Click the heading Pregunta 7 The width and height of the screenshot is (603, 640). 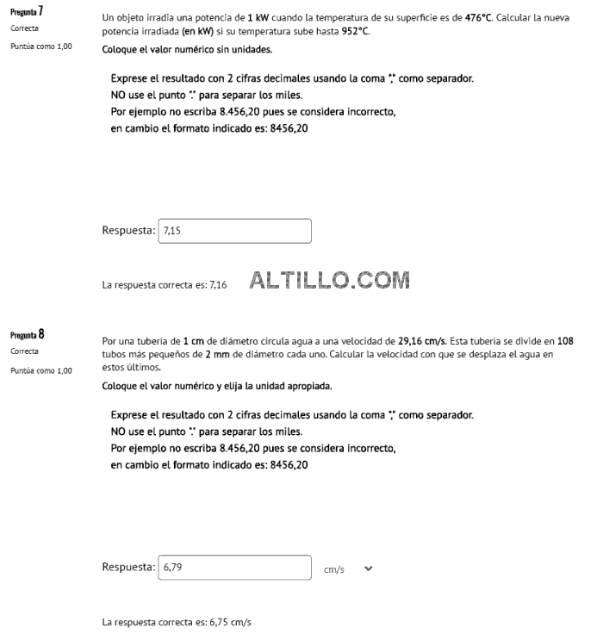tap(27, 13)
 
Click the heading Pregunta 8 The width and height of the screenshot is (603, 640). tap(27, 334)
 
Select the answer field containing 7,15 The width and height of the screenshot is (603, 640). tap(235, 231)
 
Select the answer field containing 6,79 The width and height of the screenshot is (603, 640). tap(235, 568)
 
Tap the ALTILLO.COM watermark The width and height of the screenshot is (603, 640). tap(329, 281)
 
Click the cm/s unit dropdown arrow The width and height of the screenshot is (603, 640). tap(369, 569)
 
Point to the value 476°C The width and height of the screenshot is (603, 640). tap(478, 17)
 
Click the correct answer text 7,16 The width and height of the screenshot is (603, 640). tap(218, 285)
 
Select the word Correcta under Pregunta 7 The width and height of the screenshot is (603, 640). tap(24, 28)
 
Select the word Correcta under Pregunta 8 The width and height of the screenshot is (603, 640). tap(24, 351)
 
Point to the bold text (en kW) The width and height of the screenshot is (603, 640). tap(198, 30)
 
